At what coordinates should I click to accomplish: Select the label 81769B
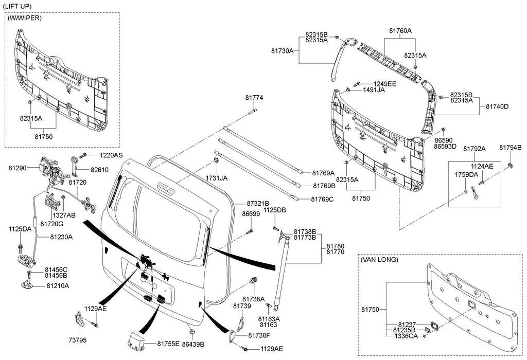324,186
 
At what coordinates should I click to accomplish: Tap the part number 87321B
258,204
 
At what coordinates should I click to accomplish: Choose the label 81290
16,167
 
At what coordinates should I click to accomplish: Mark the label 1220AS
111,155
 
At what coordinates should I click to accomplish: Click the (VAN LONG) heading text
380,260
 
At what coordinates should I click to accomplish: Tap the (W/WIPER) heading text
25,18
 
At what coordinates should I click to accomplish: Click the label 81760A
400,31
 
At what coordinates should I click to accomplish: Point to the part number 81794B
510,148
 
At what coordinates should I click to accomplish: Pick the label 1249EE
385,83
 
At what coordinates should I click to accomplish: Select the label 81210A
58,285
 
